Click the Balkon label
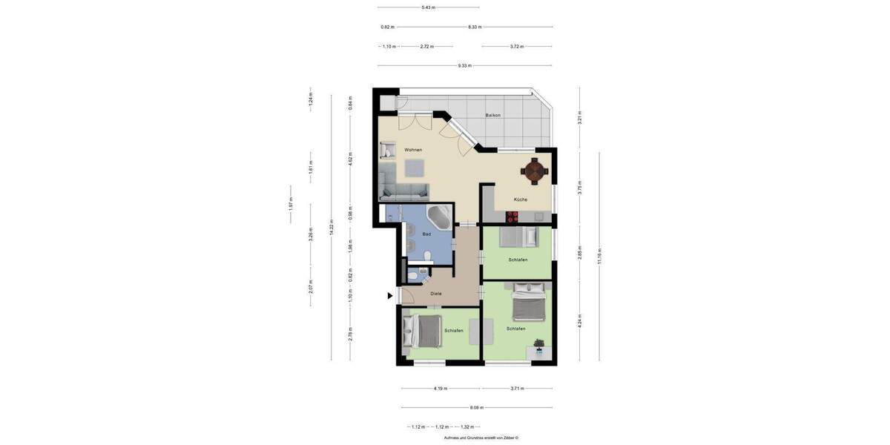(x=492, y=115)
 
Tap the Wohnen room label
(x=413, y=150)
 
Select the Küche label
(x=521, y=200)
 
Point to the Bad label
(x=426, y=234)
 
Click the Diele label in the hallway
(x=436, y=294)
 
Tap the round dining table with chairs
(x=535, y=171)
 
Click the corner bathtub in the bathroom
(x=439, y=218)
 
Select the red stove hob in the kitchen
(x=512, y=217)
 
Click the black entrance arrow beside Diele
(x=390, y=296)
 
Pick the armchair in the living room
(x=387, y=151)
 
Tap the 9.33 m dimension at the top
(x=464, y=66)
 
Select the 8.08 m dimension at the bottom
(x=476, y=407)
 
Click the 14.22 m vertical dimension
(x=332, y=228)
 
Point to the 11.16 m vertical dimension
(x=599, y=257)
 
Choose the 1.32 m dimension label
(x=467, y=426)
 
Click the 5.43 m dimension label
(x=429, y=7)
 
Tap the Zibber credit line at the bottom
(x=481, y=438)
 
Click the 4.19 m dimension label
(x=441, y=388)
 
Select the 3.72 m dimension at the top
(x=517, y=47)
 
